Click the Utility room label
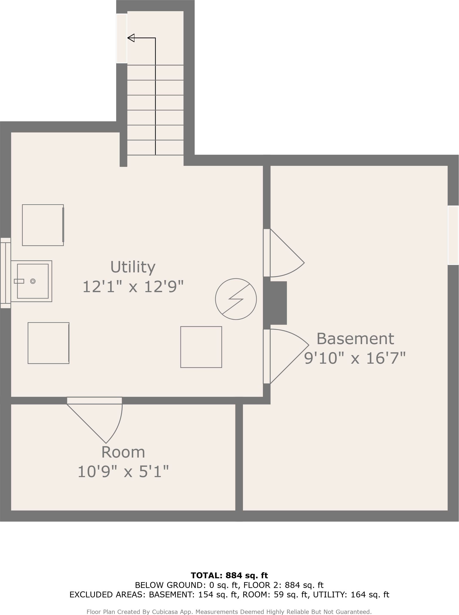click(133, 267)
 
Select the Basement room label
click(355, 339)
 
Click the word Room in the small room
click(123, 452)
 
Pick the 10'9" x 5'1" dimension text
click(123, 472)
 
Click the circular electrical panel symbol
click(236, 299)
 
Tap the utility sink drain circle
click(33, 281)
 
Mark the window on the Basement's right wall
click(453, 235)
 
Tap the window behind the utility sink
click(5, 273)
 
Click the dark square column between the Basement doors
click(275, 303)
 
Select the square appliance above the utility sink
click(43, 225)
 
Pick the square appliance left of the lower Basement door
click(201, 347)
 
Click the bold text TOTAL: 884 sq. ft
click(229, 575)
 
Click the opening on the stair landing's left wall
click(121, 39)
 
